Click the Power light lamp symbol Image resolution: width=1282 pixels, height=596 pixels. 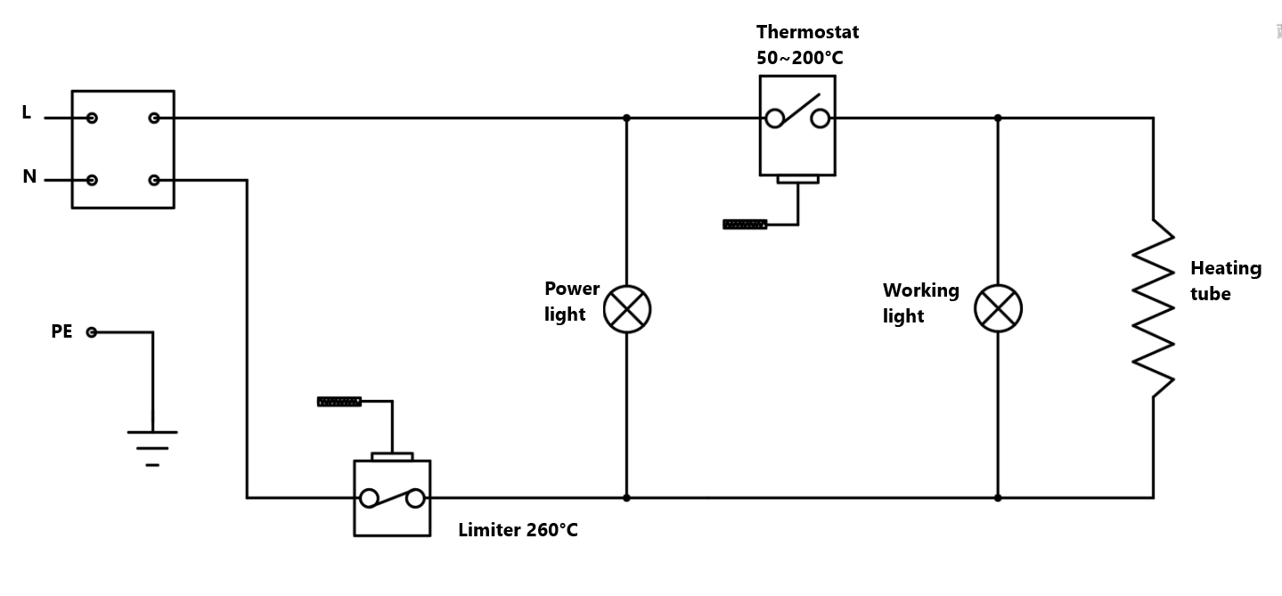pos(627,310)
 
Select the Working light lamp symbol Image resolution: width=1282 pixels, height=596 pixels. pos(998,310)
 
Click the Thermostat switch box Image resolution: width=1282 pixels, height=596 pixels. pos(797,125)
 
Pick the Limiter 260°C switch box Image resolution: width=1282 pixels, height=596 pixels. pos(392,498)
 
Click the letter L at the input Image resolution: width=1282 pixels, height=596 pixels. pos(27,113)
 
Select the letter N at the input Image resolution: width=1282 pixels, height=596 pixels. pos(29,177)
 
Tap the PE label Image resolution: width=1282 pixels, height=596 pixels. pos(61,332)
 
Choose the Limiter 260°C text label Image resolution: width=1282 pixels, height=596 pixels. pos(518,530)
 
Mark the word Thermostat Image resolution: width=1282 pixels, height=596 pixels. pos(807,32)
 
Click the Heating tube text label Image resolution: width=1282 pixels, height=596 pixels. pos(1225,281)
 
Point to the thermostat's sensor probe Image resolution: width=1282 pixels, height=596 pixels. pos(745,225)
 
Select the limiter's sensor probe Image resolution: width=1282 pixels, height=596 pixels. pos(339,402)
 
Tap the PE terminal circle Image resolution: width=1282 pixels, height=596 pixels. pos(92,332)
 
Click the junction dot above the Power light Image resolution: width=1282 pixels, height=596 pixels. pos(627,118)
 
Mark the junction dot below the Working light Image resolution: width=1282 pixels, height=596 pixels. pos(998,498)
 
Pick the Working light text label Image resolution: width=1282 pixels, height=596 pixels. pos(920,303)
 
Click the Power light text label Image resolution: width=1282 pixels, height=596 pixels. pos(572,301)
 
